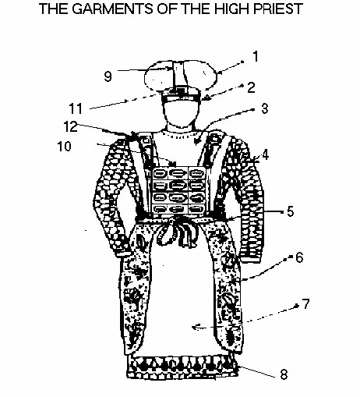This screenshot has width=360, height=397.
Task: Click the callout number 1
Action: [x=256, y=56]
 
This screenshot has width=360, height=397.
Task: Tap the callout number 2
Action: [x=251, y=87]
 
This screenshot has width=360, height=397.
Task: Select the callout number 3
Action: [x=264, y=108]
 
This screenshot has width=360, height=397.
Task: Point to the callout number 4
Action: [x=265, y=155]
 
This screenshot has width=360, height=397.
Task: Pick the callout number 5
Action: [x=291, y=211]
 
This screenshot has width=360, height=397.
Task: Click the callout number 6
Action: [x=299, y=257]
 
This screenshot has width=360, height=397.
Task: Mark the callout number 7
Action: [x=306, y=303]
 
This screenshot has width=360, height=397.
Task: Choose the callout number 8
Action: [x=284, y=374]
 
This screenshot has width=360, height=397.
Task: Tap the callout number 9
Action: [x=108, y=76]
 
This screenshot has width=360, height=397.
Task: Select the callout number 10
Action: [x=64, y=147]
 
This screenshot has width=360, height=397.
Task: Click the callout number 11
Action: [x=76, y=108]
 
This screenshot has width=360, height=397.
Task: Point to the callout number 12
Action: [x=70, y=126]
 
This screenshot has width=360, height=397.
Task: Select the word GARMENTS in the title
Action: [x=112, y=9]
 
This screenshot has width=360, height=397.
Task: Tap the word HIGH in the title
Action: [x=232, y=9]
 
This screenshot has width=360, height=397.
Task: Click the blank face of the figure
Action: [x=181, y=113]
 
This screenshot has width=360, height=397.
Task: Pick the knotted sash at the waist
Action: [x=178, y=232]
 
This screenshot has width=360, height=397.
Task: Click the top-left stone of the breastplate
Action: [x=160, y=174]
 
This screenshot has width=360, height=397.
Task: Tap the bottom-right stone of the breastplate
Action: [x=197, y=209]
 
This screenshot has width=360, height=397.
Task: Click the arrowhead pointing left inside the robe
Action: [x=197, y=327]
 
